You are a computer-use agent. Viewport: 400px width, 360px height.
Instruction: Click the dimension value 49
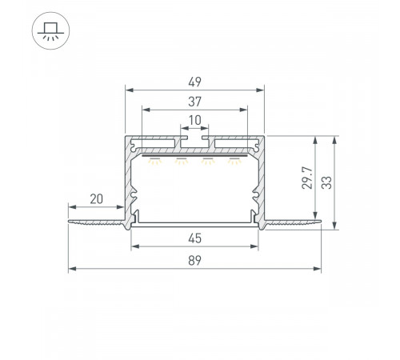(194, 82)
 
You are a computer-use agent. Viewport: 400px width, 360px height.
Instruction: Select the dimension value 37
(194, 102)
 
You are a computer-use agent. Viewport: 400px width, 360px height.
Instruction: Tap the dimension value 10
(194, 120)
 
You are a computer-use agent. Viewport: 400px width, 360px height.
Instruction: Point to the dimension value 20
(96, 199)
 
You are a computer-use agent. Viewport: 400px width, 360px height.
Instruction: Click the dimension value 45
(194, 238)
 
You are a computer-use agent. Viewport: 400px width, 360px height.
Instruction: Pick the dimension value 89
(194, 261)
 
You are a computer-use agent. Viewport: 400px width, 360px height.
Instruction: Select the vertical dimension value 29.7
(307, 178)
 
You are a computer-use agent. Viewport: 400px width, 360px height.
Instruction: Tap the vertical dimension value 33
(326, 182)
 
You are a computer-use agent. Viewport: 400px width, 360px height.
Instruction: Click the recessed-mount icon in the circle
(50, 30)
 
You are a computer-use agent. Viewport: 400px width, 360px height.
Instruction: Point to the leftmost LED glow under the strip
(155, 161)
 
